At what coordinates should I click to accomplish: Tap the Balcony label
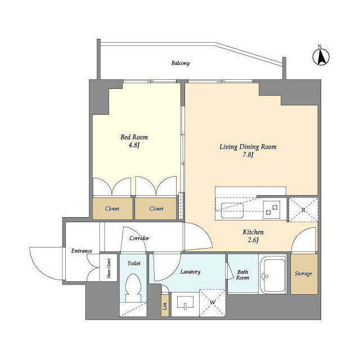coord(181,63)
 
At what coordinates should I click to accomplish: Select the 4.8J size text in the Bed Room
coord(134,145)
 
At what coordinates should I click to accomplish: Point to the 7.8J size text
coord(248,155)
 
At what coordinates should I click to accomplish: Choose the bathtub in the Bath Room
coord(273,274)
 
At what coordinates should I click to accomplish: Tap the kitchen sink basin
coord(232,210)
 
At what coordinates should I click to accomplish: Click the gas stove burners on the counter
coord(271,209)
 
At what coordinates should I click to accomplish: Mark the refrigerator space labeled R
coord(303,210)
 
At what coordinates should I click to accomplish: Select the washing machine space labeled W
coord(213,303)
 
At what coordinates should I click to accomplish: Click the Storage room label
coord(304,273)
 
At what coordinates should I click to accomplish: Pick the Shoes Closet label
coord(109,268)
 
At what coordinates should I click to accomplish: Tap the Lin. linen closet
coord(165,305)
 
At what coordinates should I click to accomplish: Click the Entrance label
coord(82,251)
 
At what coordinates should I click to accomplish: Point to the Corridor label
coord(139,238)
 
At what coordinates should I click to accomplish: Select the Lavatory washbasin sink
coord(185,303)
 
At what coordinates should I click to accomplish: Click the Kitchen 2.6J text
coord(253,236)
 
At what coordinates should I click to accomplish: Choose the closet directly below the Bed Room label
coord(112,209)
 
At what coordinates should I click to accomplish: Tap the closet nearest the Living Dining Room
coord(156,209)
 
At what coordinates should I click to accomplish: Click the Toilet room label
coord(134,263)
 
